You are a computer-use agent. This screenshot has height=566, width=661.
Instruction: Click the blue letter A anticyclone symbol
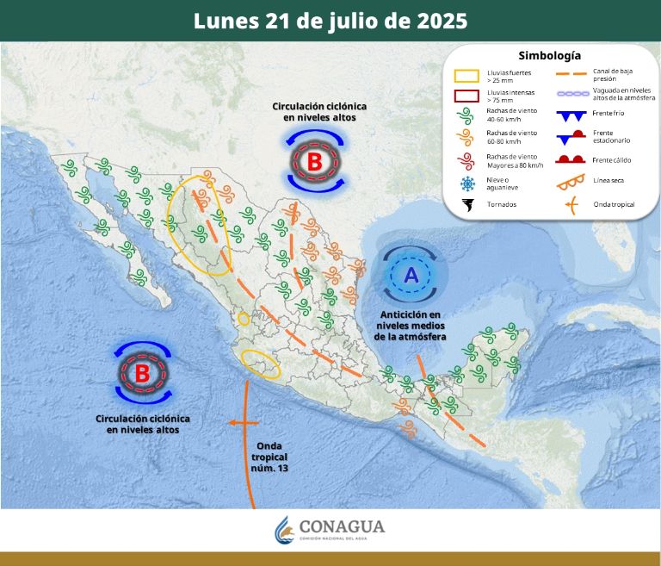click(411, 275)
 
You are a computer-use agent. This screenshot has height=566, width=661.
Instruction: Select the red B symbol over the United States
click(314, 160)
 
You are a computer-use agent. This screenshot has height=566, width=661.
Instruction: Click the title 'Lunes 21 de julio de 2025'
click(330, 21)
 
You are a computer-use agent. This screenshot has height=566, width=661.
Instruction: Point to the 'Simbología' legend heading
click(550, 56)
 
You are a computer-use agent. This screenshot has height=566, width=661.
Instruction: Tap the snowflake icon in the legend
click(468, 183)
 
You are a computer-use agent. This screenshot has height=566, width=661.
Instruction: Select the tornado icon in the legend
click(468, 205)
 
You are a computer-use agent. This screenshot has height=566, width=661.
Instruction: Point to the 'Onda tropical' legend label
click(614, 204)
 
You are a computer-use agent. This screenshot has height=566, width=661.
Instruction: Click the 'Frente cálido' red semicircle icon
click(567, 159)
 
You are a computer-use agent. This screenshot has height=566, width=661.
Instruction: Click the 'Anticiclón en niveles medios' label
click(411, 325)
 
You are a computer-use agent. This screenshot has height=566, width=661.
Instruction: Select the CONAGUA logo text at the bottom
click(342, 526)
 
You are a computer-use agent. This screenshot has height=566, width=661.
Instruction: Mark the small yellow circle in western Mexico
click(244, 320)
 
